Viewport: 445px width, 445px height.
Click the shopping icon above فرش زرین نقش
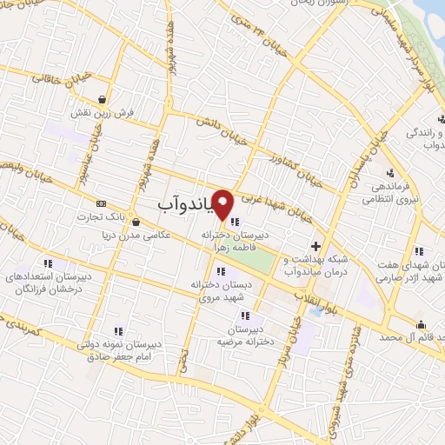[x=103, y=99]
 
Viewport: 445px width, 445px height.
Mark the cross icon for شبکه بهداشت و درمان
[x=315, y=246]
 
